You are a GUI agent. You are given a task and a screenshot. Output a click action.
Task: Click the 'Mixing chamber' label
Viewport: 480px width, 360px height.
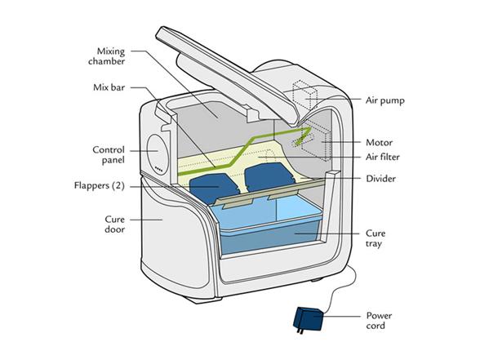pyautogui.click(x=106, y=56)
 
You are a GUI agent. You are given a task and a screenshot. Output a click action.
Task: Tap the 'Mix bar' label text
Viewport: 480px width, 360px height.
pyautogui.click(x=109, y=87)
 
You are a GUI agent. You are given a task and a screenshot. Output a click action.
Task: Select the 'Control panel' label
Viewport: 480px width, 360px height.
pyautogui.click(x=109, y=155)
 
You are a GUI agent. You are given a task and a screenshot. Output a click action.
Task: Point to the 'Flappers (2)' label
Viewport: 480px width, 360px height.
pyautogui.click(x=100, y=185)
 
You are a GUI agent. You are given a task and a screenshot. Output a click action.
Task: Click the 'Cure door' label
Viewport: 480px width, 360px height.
pyautogui.click(x=114, y=224)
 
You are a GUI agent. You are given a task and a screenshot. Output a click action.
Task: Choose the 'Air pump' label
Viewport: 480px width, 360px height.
pyautogui.click(x=385, y=100)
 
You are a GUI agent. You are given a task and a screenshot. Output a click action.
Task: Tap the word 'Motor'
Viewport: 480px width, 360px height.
pyautogui.click(x=380, y=142)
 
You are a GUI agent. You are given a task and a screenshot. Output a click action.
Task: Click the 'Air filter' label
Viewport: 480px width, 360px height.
pyautogui.click(x=383, y=157)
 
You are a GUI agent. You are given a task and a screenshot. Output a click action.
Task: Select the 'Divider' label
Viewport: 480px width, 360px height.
pyautogui.click(x=380, y=179)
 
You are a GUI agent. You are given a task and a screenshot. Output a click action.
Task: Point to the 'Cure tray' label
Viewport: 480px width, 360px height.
pyautogui.click(x=376, y=238)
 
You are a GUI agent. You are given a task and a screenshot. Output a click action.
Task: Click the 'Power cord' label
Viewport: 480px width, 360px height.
pyautogui.click(x=379, y=321)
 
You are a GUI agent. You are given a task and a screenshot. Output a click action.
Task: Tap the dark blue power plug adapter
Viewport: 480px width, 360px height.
pyautogui.click(x=309, y=319)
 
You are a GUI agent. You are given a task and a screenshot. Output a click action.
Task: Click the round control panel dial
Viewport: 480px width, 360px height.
pyautogui.click(x=158, y=154)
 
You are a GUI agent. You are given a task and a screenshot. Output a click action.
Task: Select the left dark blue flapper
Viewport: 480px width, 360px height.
pyautogui.click(x=214, y=188)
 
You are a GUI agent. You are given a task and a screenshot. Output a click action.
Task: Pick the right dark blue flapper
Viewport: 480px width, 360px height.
pyautogui.click(x=269, y=177)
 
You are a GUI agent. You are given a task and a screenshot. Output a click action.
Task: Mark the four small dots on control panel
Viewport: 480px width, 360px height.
pyautogui.click(x=158, y=168)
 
